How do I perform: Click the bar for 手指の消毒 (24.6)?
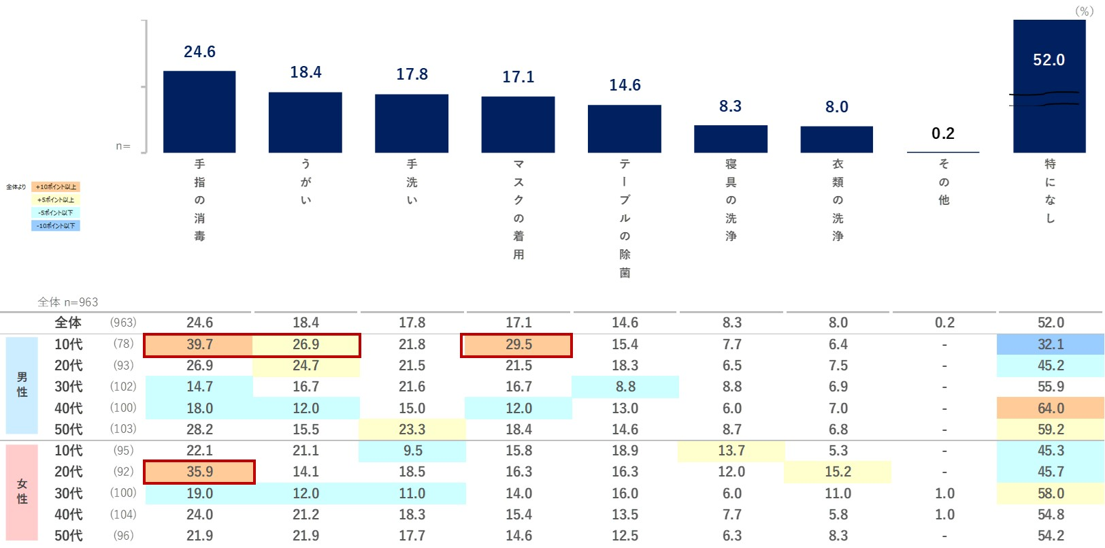199,112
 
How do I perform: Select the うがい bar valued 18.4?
306,123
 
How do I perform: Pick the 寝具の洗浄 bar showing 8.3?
731,139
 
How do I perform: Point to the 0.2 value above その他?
943,133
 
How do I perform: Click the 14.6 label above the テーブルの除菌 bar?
625,85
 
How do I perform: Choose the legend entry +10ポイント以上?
56,187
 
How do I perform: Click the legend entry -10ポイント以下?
56,225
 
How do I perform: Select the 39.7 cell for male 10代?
199,345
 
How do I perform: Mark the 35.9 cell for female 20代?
199,472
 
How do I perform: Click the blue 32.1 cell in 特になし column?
1051,345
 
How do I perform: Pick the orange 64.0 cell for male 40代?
1051,408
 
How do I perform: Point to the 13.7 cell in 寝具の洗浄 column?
731,451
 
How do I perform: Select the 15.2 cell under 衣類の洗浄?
838,472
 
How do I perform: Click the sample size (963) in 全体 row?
123,323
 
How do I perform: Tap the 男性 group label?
22,385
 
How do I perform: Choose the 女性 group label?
22,491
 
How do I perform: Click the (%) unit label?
1084,11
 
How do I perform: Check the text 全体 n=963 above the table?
68,302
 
